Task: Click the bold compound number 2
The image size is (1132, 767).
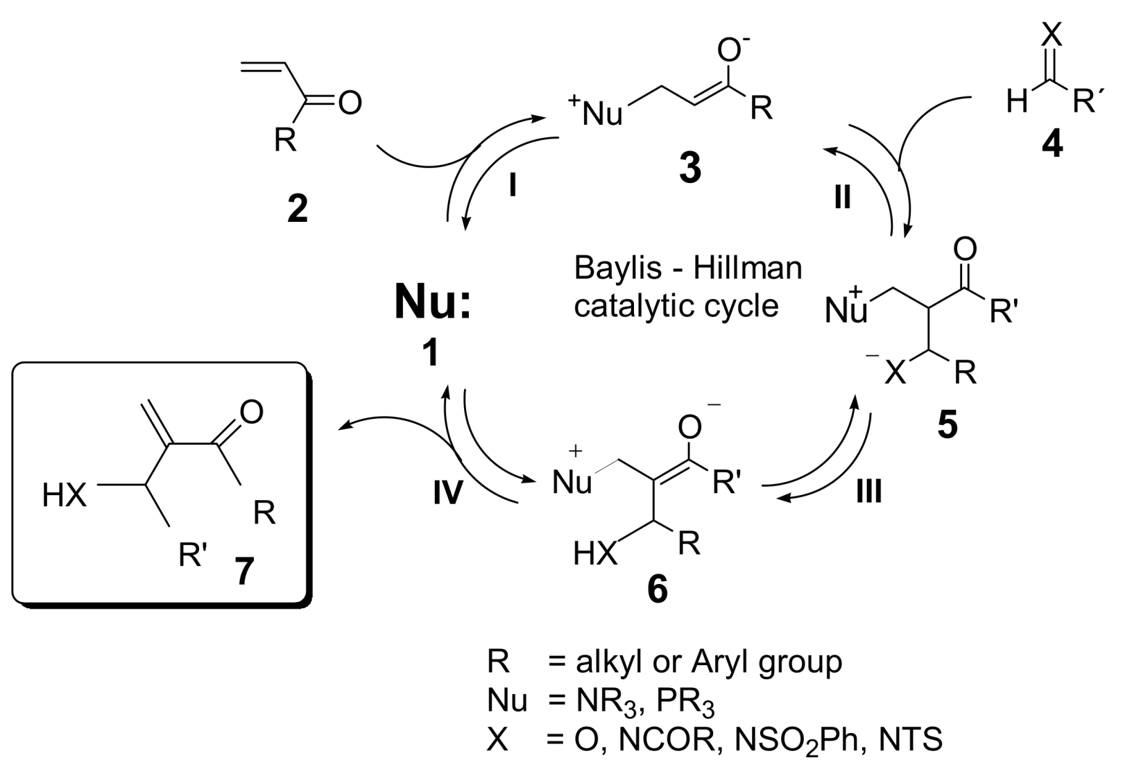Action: (x=298, y=208)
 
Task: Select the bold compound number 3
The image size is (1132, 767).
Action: (x=689, y=168)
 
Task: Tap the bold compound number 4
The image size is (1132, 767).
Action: (x=1052, y=144)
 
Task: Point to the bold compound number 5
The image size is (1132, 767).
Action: (x=947, y=424)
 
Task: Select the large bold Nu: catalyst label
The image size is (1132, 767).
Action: (x=433, y=303)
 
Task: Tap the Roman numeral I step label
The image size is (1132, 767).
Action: (x=513, y=186)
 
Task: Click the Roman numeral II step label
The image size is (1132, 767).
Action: (x=842, y=198)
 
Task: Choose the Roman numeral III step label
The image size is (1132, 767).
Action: (x=868, y=491)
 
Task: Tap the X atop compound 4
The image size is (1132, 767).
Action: (x=1052, y=31)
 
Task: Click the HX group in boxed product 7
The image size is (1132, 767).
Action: (x=65, y=496)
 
